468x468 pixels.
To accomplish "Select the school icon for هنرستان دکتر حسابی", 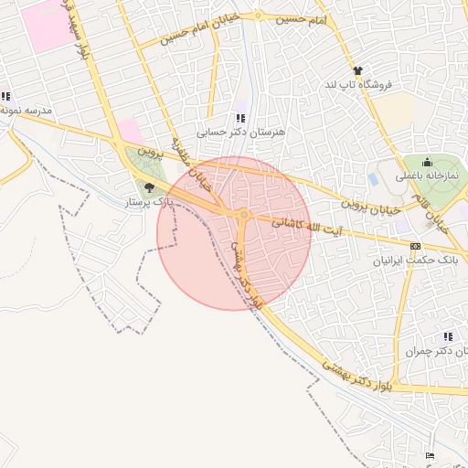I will click(240, 118).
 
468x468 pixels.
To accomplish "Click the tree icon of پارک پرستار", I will click(147, 188).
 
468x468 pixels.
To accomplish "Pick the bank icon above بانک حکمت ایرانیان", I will click(416, 246).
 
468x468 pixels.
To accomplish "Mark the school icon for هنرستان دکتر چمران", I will click(447, 336).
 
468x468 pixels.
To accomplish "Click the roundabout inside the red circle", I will click(244, 216).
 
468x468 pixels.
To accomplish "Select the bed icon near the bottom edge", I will click(431, 456).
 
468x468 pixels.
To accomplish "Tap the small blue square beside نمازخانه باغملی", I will click(373, 176).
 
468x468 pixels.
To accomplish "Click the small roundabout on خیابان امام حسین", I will click(259, 16).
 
